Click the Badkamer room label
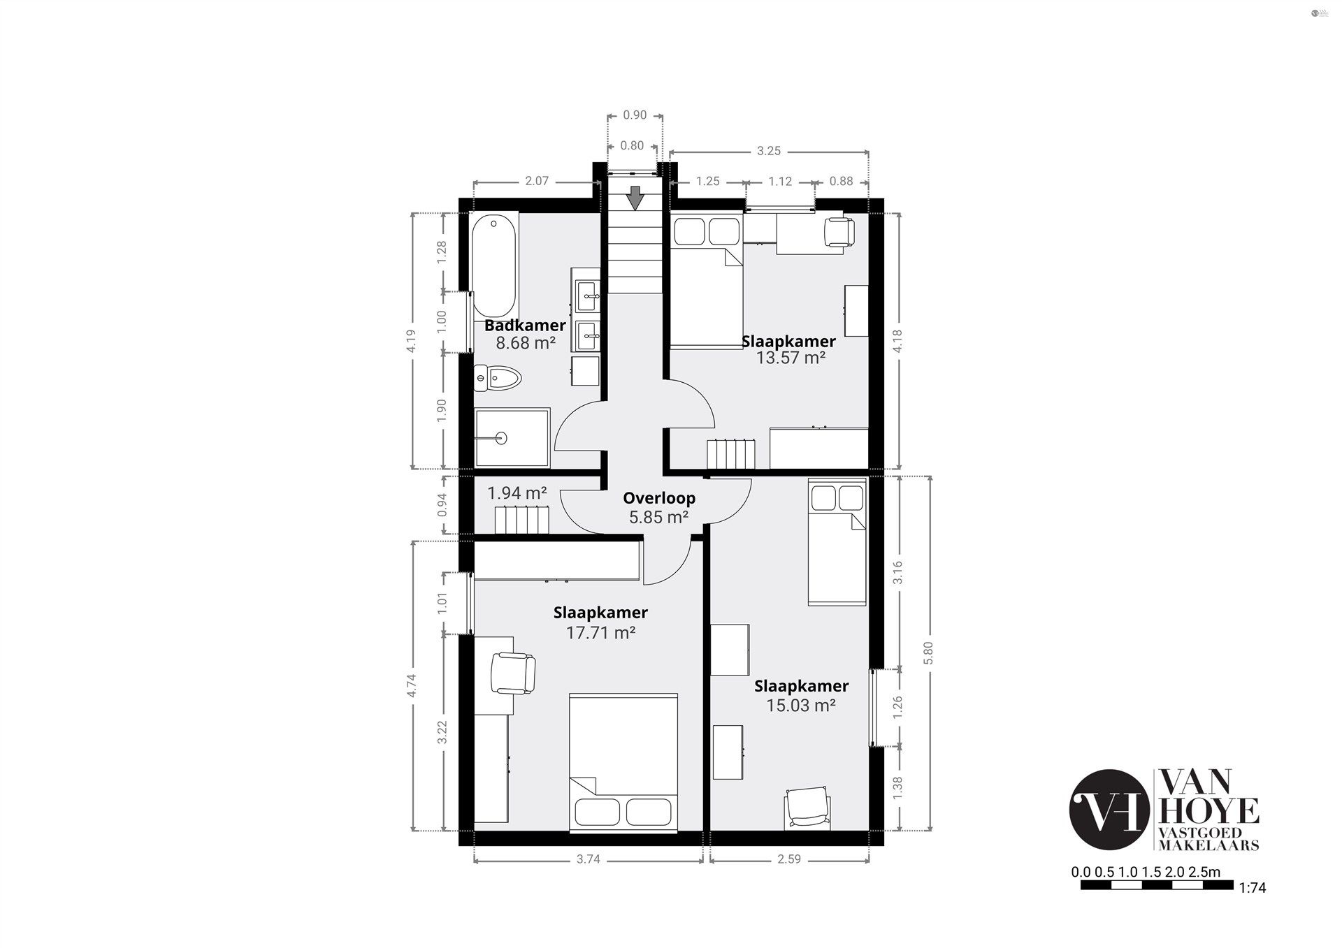click(525, 326)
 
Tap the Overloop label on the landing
click(659, 498)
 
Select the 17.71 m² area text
click(600, 633)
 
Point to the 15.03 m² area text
click(801, 706)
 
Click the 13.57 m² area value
click(791, 358)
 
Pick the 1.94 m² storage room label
click(517, 493)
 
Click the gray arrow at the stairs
click(635, 198)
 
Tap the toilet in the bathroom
click(498, 379)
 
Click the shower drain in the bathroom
click(500, 438)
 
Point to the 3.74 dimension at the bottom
click(589, 859)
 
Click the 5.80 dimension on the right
click(928, 654)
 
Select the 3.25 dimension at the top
click(769, 151)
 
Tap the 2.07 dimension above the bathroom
click(537, 181)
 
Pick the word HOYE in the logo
click(1209, 811)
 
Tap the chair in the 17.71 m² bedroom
click(513, 672)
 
